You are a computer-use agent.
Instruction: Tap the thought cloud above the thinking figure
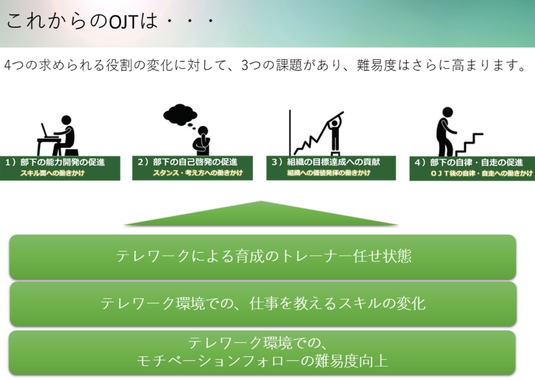pyautogui.click(x=180, y=114)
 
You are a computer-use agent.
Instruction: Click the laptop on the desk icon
pyautogui.click(x=47, y=131)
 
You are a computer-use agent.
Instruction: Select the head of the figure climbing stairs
pyautogui.click(x=447, y=112)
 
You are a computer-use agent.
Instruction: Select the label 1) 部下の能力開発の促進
pyautogui.click(x=55, y=162)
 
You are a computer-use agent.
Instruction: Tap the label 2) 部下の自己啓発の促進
pyautogui.click(x=188, y=162)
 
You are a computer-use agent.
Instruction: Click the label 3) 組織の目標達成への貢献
pyautogui.click(x=326, y=162)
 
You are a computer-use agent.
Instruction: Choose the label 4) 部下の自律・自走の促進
pyautogui.click(x=469, y=163)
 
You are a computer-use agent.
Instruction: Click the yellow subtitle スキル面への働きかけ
pyautogui.click(x=52, y=173)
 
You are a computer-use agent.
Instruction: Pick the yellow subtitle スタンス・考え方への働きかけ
pyautogui.click(x=198, y=173)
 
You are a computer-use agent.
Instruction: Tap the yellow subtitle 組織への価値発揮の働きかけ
pyautogui.click(x=329, y=173)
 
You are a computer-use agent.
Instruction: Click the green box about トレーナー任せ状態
pyautogui.click(x=263, y=257)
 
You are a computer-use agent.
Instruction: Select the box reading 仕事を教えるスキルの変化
pyautogui.click(x=263, y=304)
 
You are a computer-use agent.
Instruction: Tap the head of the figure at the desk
pyautogui.click(x=67, y=120)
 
